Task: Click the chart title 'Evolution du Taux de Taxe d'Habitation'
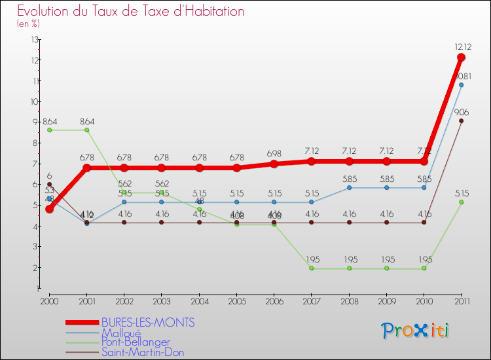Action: pos(131,11)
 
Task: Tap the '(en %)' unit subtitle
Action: pos(28,24)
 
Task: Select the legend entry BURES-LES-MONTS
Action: pos(148,323)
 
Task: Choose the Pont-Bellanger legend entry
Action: pos(136,342)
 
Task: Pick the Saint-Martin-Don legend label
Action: pos(143,352)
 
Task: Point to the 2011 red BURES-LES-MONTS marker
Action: pos(462,58)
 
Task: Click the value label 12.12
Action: pos(462,46)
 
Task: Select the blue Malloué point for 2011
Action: pos(462,84)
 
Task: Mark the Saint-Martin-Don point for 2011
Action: pos(462,120)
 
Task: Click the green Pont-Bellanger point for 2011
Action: pos(462,202)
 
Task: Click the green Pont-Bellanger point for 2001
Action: pos(87,130)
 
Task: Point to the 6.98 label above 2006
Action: pos(274,153)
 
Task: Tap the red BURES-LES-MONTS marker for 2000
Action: pos(50,209)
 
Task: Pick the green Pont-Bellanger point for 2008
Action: pos(349,268)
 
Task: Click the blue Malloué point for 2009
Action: pos(386,187)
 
